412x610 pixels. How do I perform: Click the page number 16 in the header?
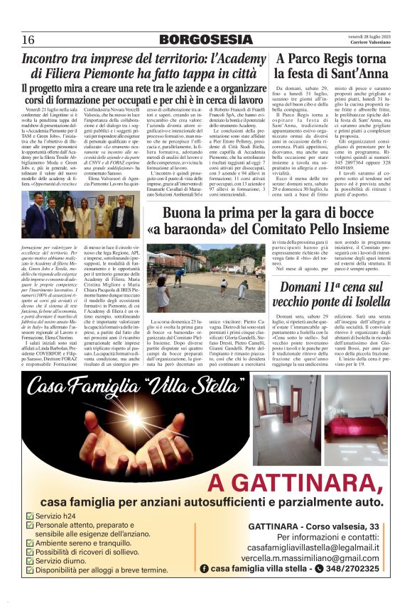click(x=29, y=39)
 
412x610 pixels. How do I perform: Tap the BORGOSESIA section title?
click(x=205, y=40)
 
